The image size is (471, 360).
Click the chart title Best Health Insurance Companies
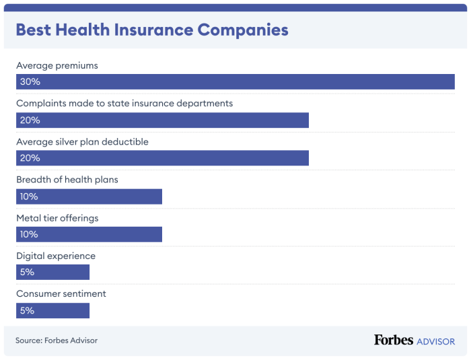coord(151,30)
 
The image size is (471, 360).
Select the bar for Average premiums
coord(235,81)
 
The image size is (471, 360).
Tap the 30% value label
coord(30,82)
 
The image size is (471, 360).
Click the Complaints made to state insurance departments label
coord(124,104)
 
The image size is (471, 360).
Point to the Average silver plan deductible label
coord(82,142)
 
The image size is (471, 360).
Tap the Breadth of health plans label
coord(67,180)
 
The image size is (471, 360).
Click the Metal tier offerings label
coord(57,218)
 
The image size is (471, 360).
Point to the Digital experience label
coord(56,256)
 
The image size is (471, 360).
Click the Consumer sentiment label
coord(61,293)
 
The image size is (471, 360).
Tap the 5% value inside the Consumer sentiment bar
coord(27,311)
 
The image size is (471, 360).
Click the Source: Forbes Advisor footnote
coord(57,340)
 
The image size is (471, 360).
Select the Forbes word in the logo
coord(394,340)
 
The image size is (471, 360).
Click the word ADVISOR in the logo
coord(436,341)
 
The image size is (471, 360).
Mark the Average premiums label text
coord(57,66)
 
